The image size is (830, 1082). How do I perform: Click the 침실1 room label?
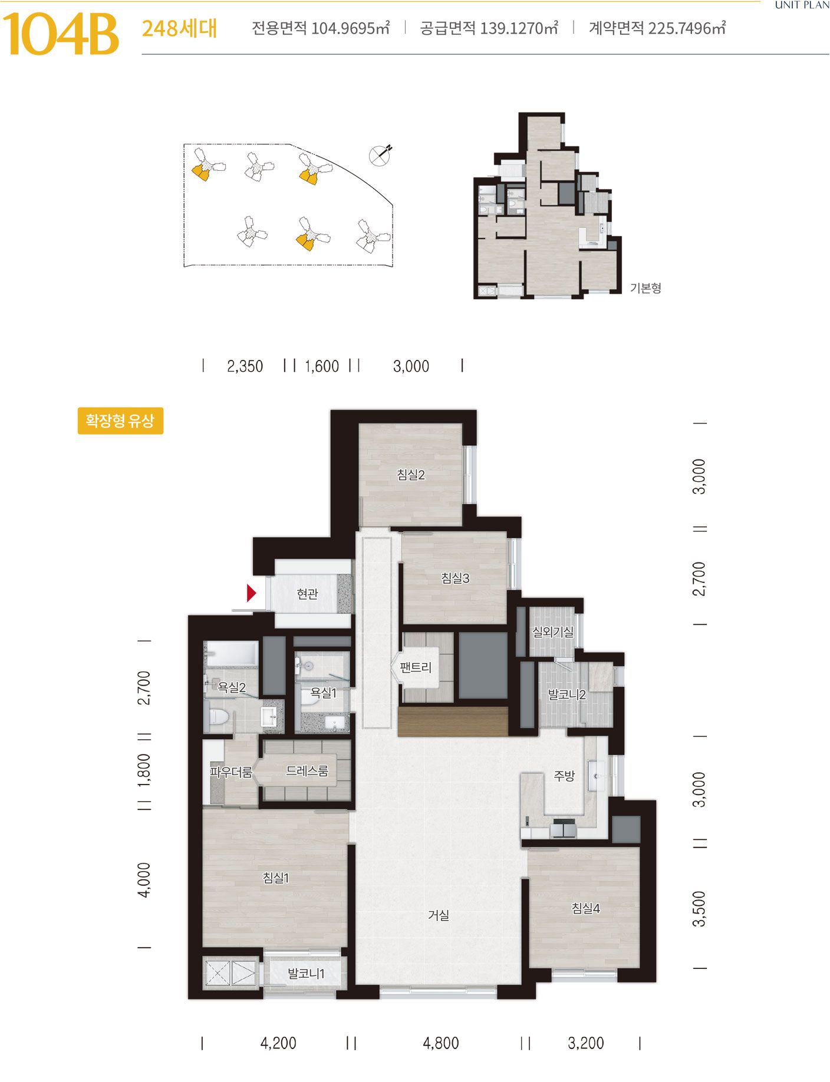275,878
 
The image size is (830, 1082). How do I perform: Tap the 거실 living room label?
439,915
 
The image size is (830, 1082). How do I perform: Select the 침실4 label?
585,908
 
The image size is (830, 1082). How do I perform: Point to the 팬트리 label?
416,667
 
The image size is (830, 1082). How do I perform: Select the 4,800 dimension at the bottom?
441,1044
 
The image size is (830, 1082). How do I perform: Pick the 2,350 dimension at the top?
245,366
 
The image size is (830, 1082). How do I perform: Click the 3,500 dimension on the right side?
699,909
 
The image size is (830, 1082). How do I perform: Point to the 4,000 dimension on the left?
144,880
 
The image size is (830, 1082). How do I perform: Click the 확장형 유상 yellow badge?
120,421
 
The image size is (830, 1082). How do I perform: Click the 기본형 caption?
645,288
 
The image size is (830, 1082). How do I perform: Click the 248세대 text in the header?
179,28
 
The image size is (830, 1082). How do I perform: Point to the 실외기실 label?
553,632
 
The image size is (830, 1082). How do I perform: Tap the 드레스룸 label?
307,770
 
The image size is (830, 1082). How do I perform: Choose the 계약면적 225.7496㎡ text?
657,28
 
